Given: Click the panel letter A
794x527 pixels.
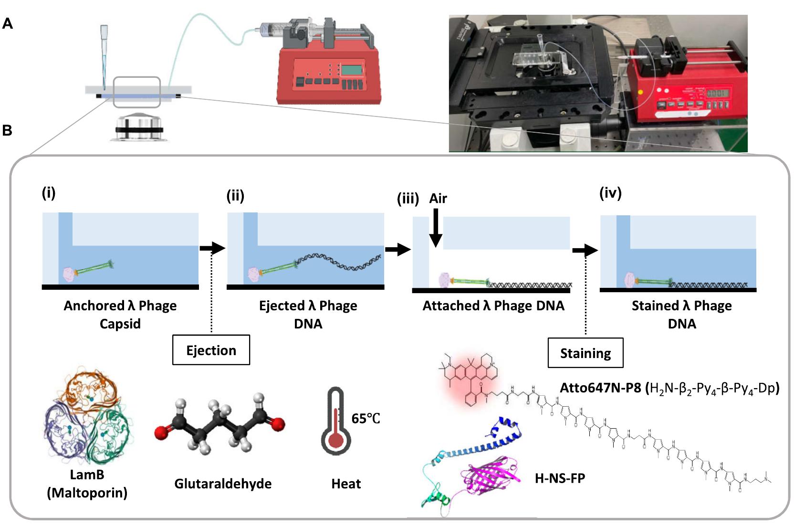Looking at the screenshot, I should pyautogui.click(x=7, y=23).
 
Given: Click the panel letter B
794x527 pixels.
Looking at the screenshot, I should pyautogui.click(x=7, y=130).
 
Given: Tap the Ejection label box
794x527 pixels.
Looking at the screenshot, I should pyautogui.click(x=211, y=350).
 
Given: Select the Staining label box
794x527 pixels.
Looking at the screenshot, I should pyautogui.click(x=585, y=353).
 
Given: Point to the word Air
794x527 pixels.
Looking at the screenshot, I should pyautogui.click(x=438, y=198).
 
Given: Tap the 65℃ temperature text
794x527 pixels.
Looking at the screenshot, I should pyautogui.click(x=366, y=419).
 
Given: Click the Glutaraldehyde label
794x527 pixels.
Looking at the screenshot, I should pyautogui.click(x=223, y=484).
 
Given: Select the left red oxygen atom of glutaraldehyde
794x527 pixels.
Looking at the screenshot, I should pyautogui.click(x=162, y=433).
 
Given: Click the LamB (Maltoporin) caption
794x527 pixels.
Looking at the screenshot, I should pyautogui.click(x=87, y=484).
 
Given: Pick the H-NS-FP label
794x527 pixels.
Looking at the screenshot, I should pyautogui.click(x=560, y=478).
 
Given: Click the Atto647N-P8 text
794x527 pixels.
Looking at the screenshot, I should pyautogui.click(x=600, y=388).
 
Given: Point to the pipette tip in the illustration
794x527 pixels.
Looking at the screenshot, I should pyautogui.click(x=104, y=72).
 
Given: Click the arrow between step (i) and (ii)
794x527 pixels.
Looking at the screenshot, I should pyautogui.click(x=212, y=248).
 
